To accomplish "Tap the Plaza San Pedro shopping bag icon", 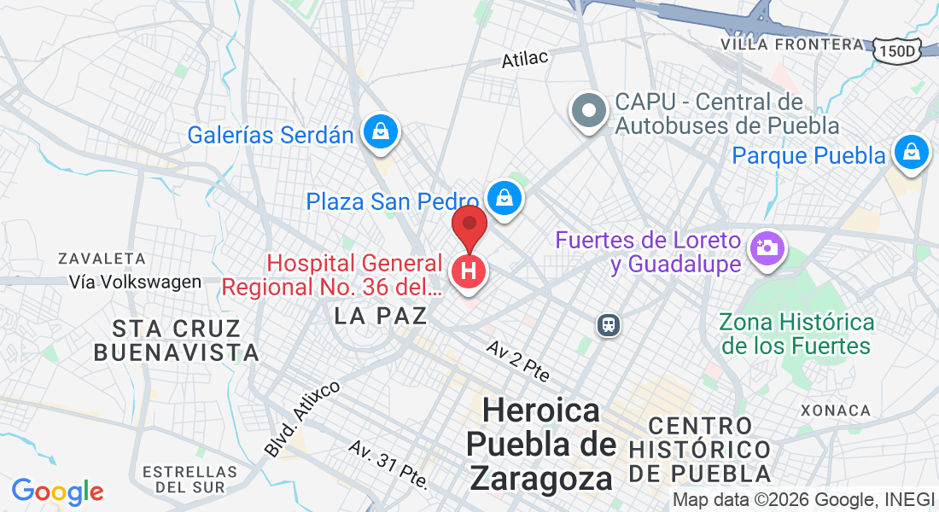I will pos(504,197).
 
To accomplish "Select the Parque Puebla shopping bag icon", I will pos(912,153).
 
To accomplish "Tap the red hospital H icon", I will pos(468,272).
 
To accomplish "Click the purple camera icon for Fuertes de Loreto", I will pos(767,249).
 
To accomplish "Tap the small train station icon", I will pos(608,324).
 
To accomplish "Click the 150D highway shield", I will pos(897,51).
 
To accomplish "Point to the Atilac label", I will pos(524,58).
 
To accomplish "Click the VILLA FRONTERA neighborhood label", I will pos(792,44).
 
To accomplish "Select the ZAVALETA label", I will pos(102,258).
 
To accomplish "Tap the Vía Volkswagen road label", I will pos(136,282).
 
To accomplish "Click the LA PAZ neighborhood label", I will pos(381,316).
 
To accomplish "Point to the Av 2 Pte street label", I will pos(518,360).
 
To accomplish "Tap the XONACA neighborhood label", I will pos(836,410).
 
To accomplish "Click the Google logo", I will pos(57,492).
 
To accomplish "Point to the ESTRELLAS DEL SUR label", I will pos(190,479).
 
